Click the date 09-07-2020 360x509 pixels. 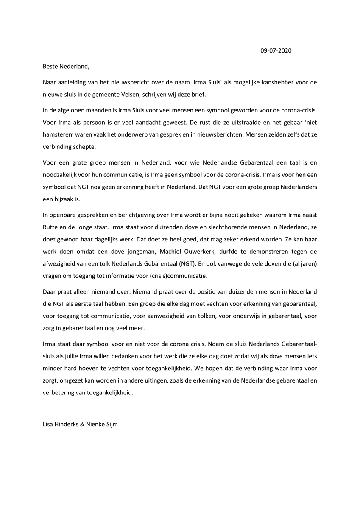[276, 51]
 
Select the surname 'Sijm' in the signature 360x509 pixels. [112, 424]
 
